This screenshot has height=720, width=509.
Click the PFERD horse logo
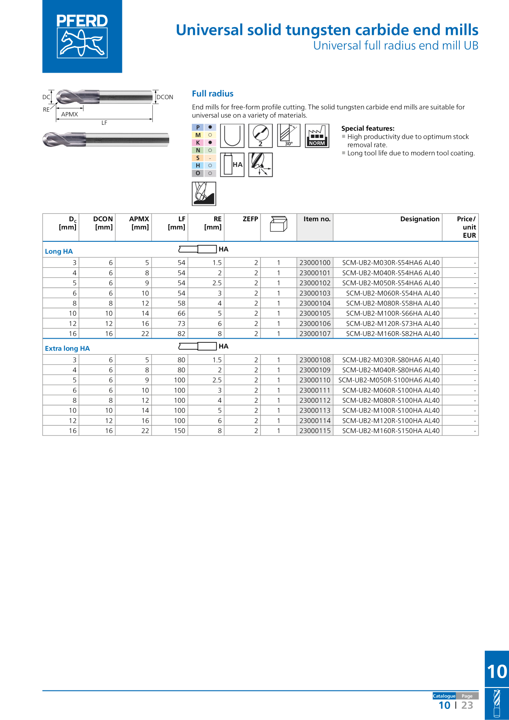pos(82,36)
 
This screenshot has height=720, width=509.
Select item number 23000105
pos(315,313)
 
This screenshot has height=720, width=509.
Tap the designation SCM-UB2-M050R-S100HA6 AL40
pos(389,380)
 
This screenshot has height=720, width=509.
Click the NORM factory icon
pos(317,135)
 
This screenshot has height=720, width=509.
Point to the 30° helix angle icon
pos(289,135)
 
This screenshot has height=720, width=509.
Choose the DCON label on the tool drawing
pos(165,97)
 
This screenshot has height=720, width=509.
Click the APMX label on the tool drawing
pos(69,115)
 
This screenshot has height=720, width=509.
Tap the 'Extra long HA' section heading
pos(67,349)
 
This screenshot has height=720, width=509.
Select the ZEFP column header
pos(250,219)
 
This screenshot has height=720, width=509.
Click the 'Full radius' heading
pos(213,94)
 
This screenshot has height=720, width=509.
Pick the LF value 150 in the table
pos(179,431)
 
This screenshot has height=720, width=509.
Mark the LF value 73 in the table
pos(181,323)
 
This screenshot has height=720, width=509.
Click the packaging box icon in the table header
pos(279,224)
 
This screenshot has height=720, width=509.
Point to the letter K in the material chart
pos(198,142)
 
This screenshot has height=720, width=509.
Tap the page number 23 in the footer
pos(467,705)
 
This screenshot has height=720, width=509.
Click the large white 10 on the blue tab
pos(497,672)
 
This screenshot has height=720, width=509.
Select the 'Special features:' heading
pos(368,128)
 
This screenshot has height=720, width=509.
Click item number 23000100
pos(315,263)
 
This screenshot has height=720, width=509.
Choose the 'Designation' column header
pos(420,219)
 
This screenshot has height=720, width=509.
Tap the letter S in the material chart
pos(198,158)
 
